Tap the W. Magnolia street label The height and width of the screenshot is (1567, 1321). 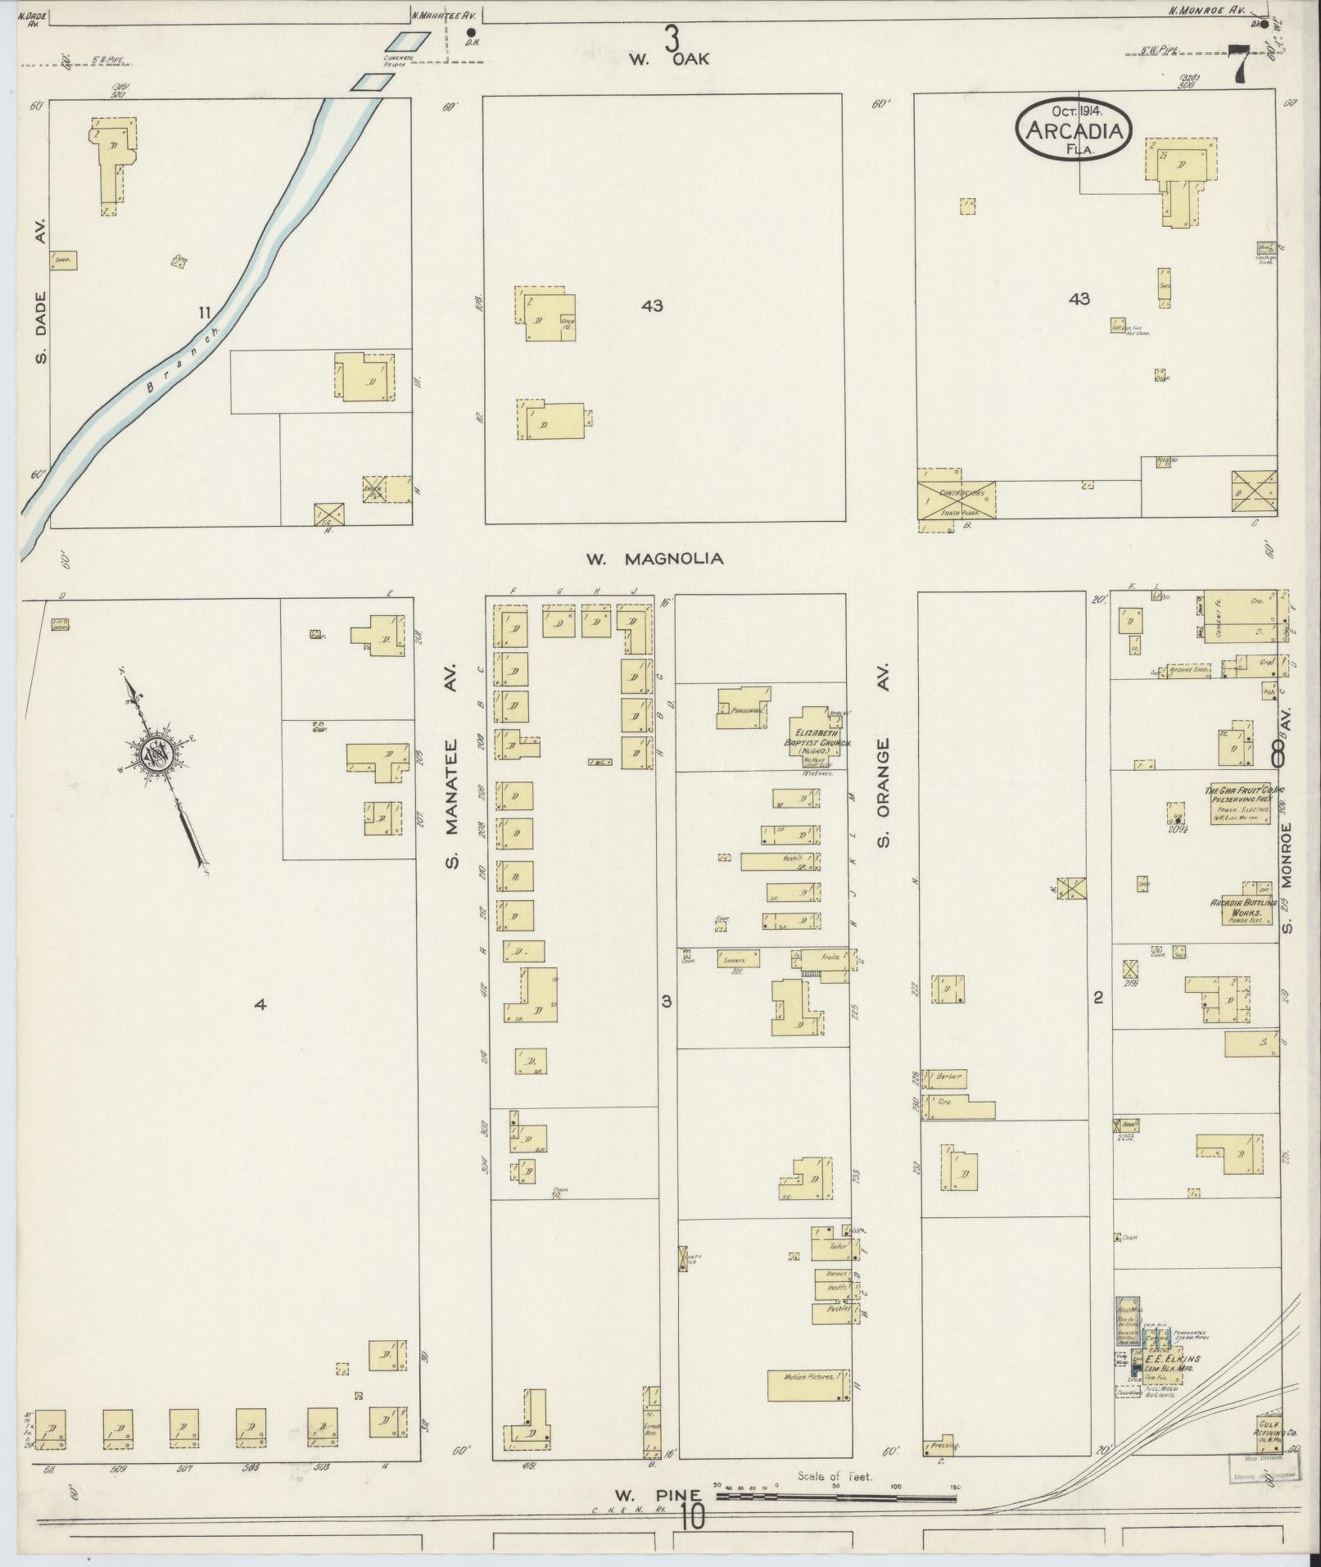[654, 559]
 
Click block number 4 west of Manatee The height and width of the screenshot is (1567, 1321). [260, 1004]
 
